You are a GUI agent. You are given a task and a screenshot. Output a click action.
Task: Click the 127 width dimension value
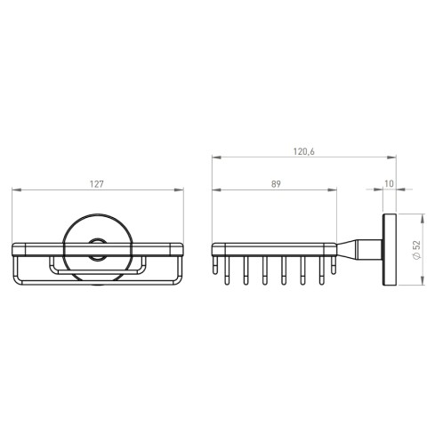[x=98, y=184]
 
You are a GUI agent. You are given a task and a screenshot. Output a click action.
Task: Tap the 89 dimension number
[x=275, y=184]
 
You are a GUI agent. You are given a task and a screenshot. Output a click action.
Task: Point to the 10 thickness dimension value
[x=389, y=184]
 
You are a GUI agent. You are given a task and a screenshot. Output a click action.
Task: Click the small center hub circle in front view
[x=98, y=250]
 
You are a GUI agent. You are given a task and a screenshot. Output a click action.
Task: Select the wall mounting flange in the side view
[x=389, y=250]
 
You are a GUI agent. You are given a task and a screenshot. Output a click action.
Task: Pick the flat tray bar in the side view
[x=276, y=248]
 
